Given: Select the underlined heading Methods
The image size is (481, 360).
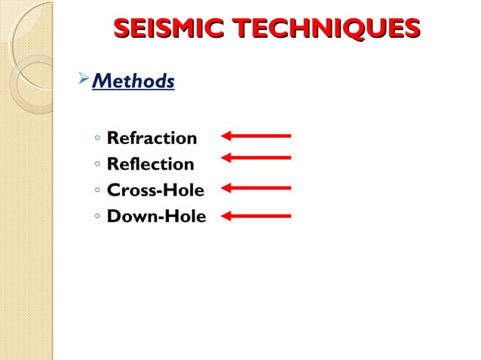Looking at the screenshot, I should click(x=133, y=80).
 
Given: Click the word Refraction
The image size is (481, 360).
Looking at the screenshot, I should click(x=152, y=138).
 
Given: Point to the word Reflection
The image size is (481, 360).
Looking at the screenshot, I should click(x=150, y=163).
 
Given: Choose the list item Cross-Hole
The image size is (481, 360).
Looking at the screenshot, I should click(x=155, y=190).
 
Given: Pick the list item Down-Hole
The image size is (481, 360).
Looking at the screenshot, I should click(x=156, y=217).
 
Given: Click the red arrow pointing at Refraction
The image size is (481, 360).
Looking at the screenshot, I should click(x=256, y=136).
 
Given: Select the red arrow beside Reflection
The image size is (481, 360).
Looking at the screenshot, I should click(x=256, y=157).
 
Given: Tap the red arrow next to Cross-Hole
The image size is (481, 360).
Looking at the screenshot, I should click(x=256, y=188).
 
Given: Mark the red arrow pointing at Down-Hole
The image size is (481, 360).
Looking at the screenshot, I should click(x=256, y=216).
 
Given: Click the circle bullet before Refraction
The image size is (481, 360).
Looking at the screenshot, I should click(x=98, y=139).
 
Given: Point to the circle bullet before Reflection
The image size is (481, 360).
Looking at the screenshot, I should click(x=98, y=165).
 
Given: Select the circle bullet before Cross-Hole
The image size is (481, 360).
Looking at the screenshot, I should click(x=98, y=191).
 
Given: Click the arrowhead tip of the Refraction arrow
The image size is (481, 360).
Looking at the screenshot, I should click(x=224, y=136).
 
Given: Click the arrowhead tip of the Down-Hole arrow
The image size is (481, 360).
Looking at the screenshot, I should click(x=224, y=216).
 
